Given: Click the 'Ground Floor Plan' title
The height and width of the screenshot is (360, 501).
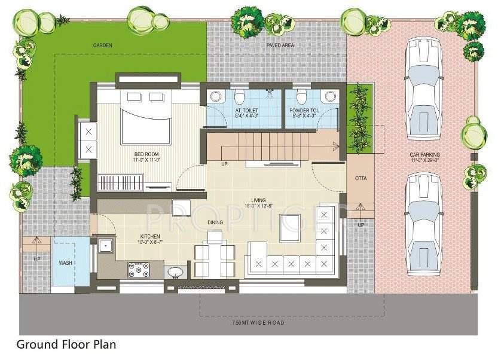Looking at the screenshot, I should tap(66, 344).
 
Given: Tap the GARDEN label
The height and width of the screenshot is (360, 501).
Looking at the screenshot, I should tap(103, 45).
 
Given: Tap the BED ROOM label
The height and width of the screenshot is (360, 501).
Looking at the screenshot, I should tap(146, 157).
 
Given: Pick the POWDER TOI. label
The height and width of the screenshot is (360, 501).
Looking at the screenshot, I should tap(306, 112).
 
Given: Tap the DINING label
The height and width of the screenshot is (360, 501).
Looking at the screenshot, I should tap(215, 222).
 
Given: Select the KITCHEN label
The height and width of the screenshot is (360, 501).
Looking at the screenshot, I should tap(149, 238).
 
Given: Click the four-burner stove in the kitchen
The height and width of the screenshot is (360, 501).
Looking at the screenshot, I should tap(139, 271).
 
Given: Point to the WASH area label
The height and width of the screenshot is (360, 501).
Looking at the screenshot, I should tap(65, 263).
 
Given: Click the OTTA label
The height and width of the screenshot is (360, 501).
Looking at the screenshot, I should tap(361, 178).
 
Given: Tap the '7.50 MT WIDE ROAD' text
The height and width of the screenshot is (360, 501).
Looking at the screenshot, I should tap(258, 323).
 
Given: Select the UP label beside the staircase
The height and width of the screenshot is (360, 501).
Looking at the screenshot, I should tap(224, 164).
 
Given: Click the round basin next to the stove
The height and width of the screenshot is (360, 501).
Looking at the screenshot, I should tap(175, 273).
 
